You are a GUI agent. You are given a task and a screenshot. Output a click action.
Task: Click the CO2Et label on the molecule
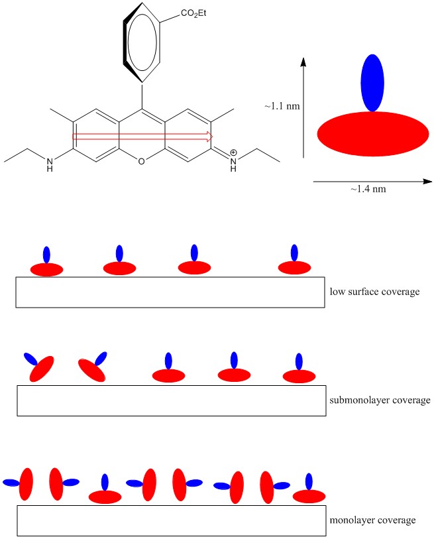coord(193,13)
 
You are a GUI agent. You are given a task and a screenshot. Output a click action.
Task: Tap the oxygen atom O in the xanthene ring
coord(141,161)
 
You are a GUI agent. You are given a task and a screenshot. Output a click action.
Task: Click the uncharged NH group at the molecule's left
coord(50,164)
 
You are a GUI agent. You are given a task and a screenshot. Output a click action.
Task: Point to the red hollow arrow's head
coord(209,137)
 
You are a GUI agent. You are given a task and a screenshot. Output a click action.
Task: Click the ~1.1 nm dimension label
coord(282,106)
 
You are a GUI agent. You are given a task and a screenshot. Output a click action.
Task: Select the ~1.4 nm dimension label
coord(368,189)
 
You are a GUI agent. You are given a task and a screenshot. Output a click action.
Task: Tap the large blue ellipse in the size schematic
coord(372,83)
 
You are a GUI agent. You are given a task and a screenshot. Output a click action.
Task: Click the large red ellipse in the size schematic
coord(373,134)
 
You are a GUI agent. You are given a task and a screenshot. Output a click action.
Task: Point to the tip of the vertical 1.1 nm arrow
coord(303,58)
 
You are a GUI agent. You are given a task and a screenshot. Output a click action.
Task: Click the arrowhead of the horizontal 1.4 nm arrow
coord(431,181)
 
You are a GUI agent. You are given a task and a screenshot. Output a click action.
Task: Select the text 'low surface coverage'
coord(374,292)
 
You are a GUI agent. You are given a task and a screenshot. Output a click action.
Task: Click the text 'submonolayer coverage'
coord(380,400)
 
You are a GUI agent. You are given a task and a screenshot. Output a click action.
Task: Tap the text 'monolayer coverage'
coord(372,520)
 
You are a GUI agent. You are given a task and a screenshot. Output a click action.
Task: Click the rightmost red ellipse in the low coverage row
coord(294,267)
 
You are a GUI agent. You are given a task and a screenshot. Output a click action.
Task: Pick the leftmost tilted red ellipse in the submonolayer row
coord(42,369)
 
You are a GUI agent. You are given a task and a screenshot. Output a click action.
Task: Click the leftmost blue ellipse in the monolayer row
coord(12,483)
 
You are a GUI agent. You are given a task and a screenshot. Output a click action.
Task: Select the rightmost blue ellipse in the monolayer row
coord(309,481)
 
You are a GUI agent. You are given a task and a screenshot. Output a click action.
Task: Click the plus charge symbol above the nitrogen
coord(233,152)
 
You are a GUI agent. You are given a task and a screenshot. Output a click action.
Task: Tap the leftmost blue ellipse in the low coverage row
coord(47,255)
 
